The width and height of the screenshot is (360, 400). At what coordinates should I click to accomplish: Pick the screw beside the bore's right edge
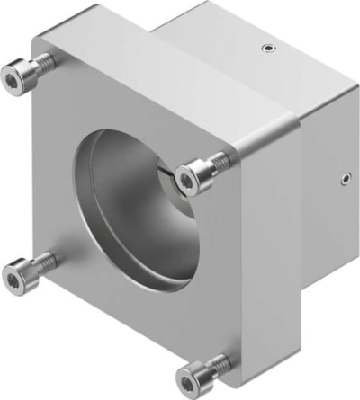(x=194, y=177)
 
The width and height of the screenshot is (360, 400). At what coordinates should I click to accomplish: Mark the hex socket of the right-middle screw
(x=186, y=181)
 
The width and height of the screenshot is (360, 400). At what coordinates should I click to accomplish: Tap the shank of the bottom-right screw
(x=216, y=363)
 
